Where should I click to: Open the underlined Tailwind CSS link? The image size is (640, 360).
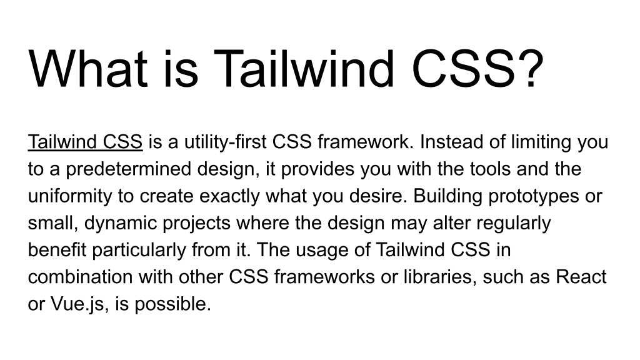[x=86, y=142]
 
